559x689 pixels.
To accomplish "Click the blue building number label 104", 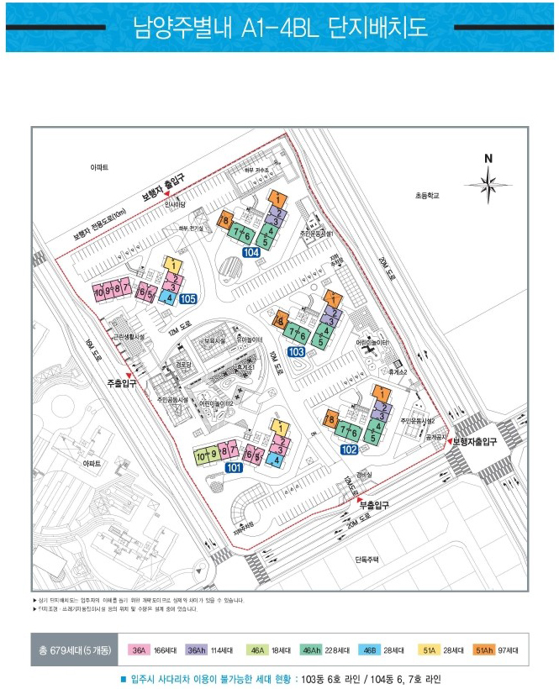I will [x=250, y=252].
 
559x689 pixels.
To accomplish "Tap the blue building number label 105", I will [x=187, y=298].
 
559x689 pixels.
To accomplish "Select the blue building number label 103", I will [x=296, y=353].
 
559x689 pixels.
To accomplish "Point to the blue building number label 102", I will [x=347, y=450].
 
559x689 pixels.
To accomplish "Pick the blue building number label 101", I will [x=234, y=467].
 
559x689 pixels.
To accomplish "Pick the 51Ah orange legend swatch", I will [x=483, y=650].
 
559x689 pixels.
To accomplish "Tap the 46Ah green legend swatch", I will [x=311, y=650].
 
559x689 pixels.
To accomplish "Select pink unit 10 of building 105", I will [x=98, y=292].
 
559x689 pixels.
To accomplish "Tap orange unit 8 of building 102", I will [x=333, y=419].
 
